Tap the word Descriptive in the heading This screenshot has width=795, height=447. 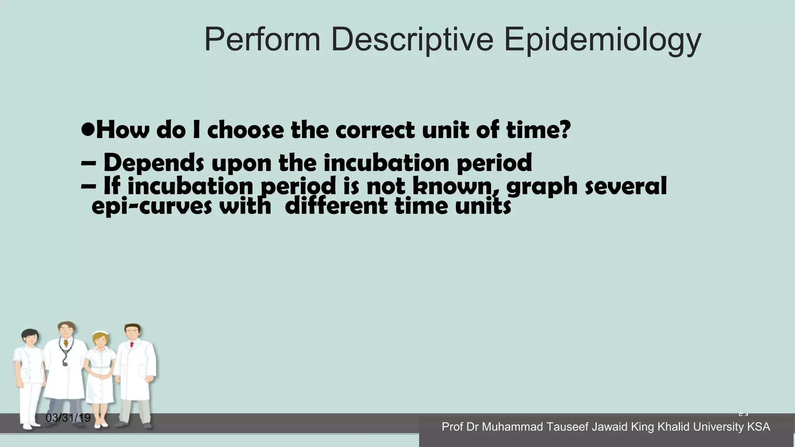[412, 40]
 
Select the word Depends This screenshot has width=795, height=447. [153, 163]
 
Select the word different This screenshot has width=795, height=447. [336, 206]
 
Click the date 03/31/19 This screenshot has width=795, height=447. [68, 418]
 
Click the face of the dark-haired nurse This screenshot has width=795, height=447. [30, 338]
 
